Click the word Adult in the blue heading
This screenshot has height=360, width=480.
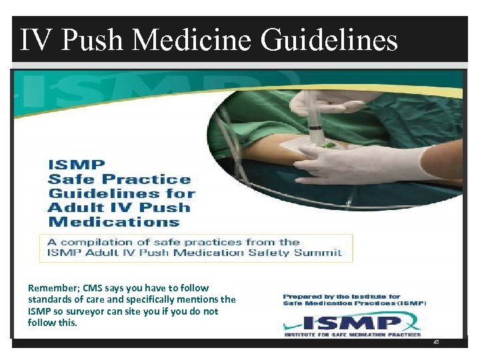pos(72,208)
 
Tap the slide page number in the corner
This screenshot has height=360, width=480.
pos(436,341)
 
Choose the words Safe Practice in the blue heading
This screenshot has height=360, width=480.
pos(119,179)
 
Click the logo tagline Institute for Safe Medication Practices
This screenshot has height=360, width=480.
pos(353,334)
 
